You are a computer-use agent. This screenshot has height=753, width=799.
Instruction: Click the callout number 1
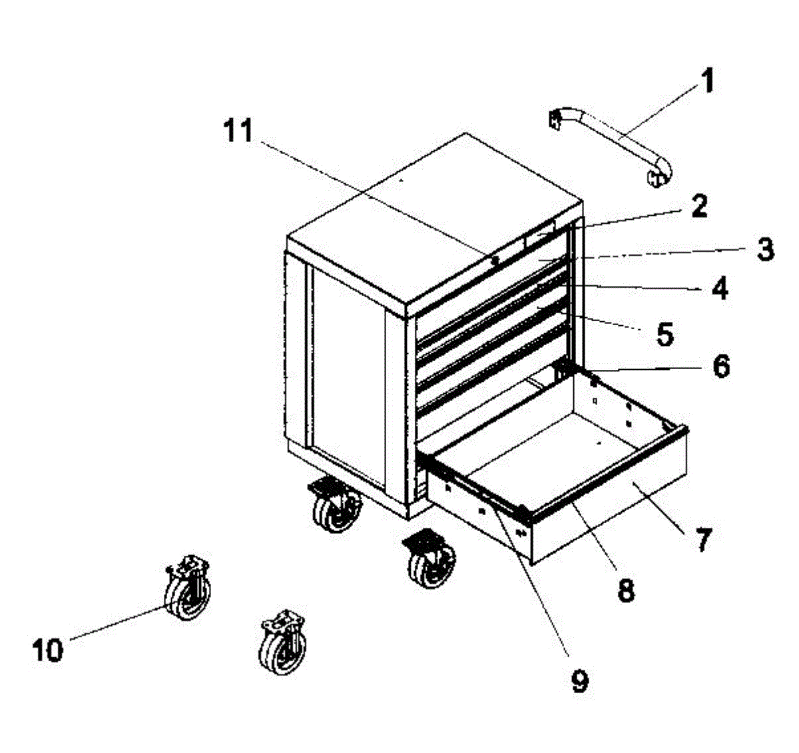click(707, 83)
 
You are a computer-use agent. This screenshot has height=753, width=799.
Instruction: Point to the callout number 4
click(718, 289)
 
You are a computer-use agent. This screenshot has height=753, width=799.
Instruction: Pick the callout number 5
click(664, 335)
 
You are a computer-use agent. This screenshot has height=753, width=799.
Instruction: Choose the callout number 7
click(703, 538)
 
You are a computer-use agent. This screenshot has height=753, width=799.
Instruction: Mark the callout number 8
click(626, 589)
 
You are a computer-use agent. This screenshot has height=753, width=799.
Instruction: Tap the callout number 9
click(579, 680)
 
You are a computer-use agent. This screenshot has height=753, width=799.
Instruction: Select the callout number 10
click(48, 649)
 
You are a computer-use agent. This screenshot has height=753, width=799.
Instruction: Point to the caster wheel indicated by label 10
click(187, 588)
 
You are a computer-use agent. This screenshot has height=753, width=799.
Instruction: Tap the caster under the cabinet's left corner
click(336, 506)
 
